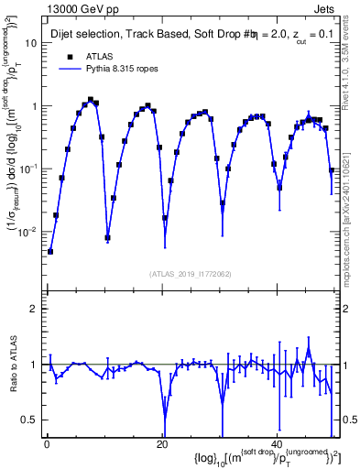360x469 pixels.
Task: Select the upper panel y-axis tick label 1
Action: pyautogui.click(x=34, y=106)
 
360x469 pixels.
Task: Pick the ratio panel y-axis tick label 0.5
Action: pyautogui.click(x=30, y=420)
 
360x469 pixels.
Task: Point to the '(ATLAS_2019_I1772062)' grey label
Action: pyautogui.click(x=190, y=274)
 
